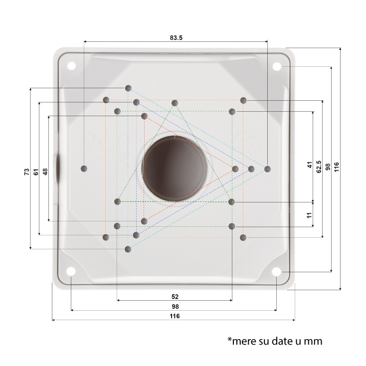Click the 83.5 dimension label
coord(176,37)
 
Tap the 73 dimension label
coord(27,172)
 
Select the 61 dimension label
coord(36,172)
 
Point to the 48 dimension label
coord(45,172)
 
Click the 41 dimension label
coord(310,165)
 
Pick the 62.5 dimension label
coord(319,167)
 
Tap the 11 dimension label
coord(309,215)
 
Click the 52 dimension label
coord(175,297)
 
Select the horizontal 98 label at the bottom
coord(176,306)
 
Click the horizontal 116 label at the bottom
coord(175,316)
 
